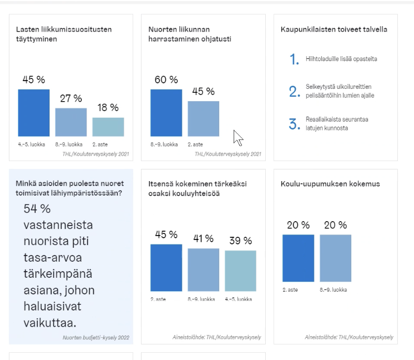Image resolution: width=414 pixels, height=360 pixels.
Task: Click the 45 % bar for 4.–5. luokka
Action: [x=34, y=113]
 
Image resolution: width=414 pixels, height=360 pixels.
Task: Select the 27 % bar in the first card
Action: [x=71, y=122]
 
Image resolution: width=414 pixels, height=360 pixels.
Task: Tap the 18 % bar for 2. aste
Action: [x=108, y=127]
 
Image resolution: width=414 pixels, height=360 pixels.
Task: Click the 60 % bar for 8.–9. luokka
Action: [x=166, y=113]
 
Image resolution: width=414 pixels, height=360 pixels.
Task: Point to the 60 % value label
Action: [x=166, y=80]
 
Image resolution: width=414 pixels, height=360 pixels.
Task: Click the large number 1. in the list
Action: [x=295, y=59]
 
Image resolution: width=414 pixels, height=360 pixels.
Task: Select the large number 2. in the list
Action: [x=295, y=92]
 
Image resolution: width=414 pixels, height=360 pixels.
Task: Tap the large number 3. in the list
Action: [x=295, y=124]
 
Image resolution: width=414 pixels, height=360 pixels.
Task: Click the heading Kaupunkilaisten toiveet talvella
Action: [x=334, y=29]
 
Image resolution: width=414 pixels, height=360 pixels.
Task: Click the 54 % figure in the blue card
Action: [x=37, y=209]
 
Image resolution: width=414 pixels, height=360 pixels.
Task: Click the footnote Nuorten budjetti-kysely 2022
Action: [x=96, y=337]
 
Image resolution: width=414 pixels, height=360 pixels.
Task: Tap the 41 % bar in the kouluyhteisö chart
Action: [x=203, y=270]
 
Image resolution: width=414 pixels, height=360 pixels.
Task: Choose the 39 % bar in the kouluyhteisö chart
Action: [x=240, y=271]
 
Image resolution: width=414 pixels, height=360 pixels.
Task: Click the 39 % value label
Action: [x=240, y=241]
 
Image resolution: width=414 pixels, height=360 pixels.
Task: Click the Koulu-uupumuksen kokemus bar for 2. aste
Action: [x=298, y=258]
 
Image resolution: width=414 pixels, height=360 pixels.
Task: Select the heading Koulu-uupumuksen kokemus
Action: [x=330, y=184]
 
